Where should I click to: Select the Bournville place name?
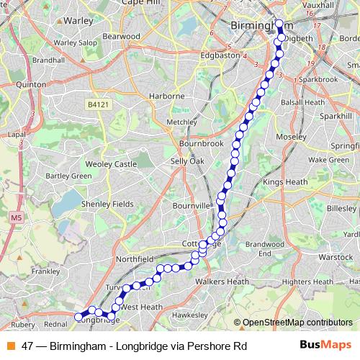point(192,205)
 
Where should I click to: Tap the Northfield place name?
point(136,257)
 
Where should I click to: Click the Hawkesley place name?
point(190,315)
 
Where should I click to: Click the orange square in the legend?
point(10,346)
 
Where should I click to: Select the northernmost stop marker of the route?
point(279,23)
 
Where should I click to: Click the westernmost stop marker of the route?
point(78,316)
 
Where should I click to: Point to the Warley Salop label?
point(75,43)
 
